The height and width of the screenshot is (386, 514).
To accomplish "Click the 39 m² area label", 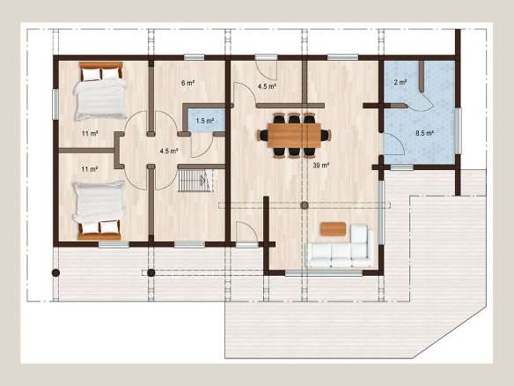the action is coord(320,166).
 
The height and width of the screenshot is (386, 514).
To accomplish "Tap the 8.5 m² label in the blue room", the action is coord(425,133).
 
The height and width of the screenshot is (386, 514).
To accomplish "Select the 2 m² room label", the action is coord(400,82).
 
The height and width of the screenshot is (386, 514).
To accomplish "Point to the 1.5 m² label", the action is coord(205,121).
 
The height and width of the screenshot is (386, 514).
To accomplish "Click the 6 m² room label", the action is coord(187,83).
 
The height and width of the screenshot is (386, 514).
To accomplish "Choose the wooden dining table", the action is coord(294,135).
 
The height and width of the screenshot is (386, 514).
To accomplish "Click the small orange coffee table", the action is coord(333,229).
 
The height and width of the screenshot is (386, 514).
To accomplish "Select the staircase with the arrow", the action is coord(195,180).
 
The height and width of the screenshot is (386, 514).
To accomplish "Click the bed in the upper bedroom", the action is coord(100,91).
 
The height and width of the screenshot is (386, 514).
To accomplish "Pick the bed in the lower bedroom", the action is coord(99,210).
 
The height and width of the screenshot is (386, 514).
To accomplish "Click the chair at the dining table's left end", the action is coord(263,135).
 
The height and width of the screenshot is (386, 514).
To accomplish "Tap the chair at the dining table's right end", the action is coord(326,135).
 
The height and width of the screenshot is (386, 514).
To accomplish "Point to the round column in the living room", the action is coord(305,205).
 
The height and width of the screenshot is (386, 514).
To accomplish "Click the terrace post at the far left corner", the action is coord(55,273).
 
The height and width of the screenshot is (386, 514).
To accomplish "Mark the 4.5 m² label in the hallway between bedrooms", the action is coord(169,151).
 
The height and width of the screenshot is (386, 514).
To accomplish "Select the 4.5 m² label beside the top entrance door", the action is coord(267,86).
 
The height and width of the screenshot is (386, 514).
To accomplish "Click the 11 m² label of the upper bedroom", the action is coord(90,134).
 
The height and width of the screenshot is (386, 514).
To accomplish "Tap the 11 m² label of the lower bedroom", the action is coord(90,169).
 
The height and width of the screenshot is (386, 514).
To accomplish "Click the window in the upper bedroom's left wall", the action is coord(55,104).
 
